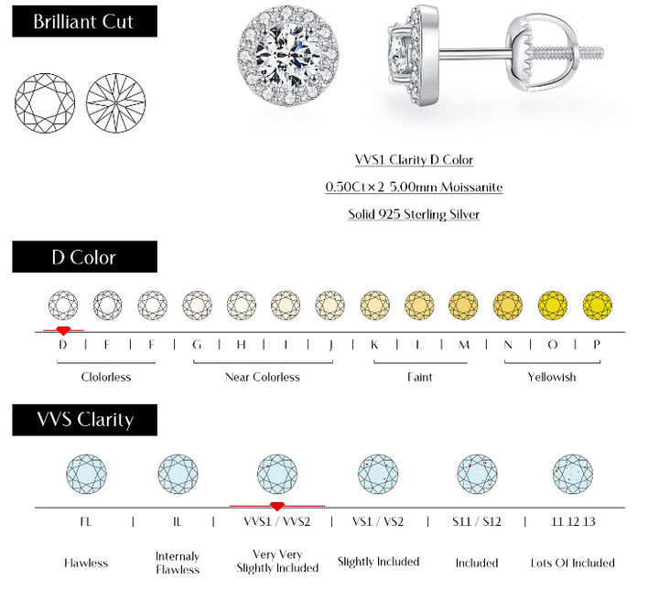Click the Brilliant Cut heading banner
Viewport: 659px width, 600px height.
(84, 21)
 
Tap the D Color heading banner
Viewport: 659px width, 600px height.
(84, 256)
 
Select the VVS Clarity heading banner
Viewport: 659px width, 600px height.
(84, 420)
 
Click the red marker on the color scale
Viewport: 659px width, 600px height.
(63, 330)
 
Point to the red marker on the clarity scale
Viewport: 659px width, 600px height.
(277, 507)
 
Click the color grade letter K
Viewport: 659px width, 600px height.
(374, 345)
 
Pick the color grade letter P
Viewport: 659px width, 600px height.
(597, 345)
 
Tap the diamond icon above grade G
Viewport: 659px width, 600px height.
(197, 305)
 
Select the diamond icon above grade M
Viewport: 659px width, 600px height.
(463, 305)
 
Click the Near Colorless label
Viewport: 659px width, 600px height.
(263, 377)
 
